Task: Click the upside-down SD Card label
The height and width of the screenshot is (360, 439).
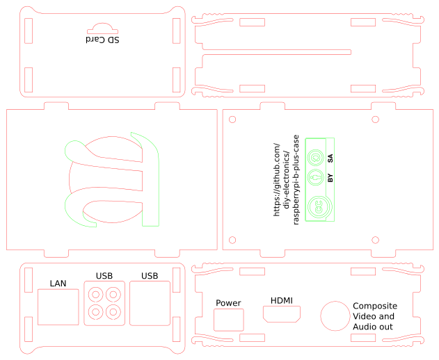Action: (102, 40)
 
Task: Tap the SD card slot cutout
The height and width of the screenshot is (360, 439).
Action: (102, 28)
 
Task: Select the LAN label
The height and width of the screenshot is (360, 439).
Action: (58, 283)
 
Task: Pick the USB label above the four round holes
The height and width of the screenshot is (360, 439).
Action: (104, 276)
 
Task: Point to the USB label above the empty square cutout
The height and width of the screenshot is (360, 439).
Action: (150, 276)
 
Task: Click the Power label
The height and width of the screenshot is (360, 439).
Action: (228, 303)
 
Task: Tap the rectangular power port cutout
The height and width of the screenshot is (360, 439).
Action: (229, 320)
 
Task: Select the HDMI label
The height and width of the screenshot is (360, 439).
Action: (282, 300)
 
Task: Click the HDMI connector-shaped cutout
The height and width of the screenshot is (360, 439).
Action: (282, 314)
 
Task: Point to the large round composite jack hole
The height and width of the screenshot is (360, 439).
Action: (335, 315)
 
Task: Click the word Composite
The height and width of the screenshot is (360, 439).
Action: (375, 306)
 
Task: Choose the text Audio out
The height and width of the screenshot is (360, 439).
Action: (373, 327)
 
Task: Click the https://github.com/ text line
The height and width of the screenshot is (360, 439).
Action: (276, 179)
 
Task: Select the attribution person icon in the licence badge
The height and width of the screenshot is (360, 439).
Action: (317, 177)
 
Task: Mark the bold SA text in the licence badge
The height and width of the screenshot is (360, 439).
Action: (330, 158)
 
